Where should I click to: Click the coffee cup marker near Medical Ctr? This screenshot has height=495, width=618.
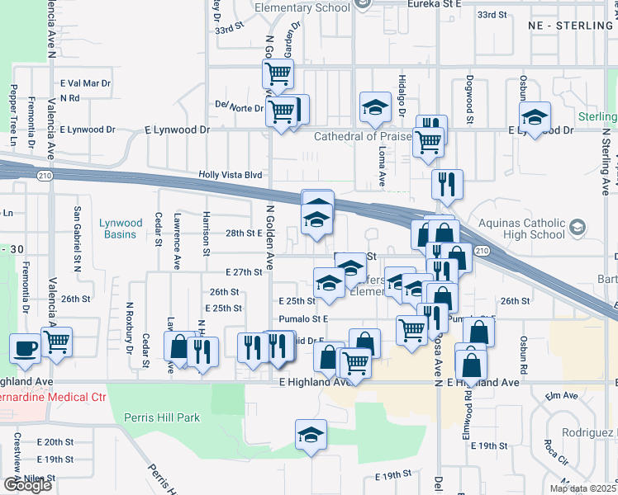pos(25,347)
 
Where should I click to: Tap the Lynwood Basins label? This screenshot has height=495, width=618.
pos(121,229)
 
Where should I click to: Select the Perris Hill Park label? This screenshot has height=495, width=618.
pos(164,417)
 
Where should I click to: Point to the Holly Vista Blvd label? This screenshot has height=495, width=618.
pos(230,175)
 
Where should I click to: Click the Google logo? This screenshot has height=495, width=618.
pos(27,485)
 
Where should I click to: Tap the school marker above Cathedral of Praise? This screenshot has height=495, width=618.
pos(375,106)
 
